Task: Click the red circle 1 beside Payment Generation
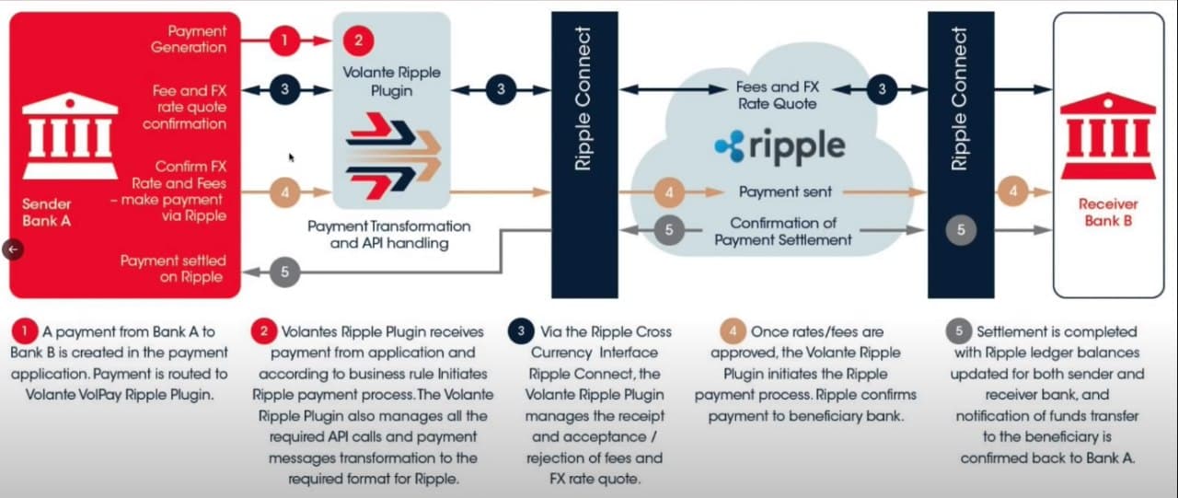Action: click(x=284, y=41)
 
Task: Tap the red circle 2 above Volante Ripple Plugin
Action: click(x=359, y=41)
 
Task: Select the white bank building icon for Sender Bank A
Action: click(x=70, y=135)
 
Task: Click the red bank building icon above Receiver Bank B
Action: click(x=1108, y=135)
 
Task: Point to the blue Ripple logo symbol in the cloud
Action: click(x=730, y=145)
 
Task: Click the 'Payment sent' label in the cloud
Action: click(x=785, y=192)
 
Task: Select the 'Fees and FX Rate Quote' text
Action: click(x=778, y=95)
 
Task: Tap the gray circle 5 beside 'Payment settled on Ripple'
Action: click(x=284, y=272)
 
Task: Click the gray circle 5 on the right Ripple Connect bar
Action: click(x=961, y=230)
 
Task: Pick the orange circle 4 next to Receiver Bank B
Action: click(x=1013, y=191)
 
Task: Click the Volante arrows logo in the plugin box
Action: click(x=393, y=156)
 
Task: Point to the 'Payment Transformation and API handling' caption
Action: click(x=389, y=235)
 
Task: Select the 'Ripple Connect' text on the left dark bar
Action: click(x=583, y=98)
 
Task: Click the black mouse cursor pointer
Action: click(x=292, y=157)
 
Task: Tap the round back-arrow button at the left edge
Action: click(x=13, y=249)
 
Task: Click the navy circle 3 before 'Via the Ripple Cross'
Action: click(x=521, y=331)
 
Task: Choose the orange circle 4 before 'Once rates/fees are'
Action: click(x=733, y=331)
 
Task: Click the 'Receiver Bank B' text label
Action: click(x=1108, y=212)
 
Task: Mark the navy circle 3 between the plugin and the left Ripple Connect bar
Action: click(x=501, y=89)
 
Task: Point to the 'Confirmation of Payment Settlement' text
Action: click(x=783, y=231)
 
